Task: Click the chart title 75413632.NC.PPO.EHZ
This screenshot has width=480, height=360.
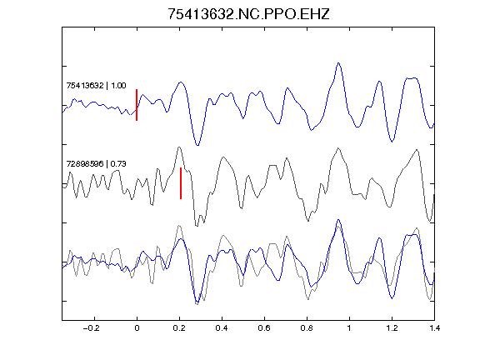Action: tap(248, 14)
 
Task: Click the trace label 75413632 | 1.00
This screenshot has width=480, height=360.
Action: tap(96, 85)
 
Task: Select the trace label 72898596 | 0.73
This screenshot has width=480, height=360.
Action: tap(96, 164)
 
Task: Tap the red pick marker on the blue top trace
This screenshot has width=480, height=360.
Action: tap(137, 105)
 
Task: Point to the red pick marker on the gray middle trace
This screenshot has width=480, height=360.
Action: tap(181, 183)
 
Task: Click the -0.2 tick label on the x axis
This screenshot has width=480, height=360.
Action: tap(91, 328)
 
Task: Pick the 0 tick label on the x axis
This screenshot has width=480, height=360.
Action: tap(137, 328)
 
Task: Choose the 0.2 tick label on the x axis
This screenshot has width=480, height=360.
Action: tap(179, 328)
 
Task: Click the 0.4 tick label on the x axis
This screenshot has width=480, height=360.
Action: tap(222, 328)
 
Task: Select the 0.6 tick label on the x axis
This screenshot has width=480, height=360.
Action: tap(264, 328)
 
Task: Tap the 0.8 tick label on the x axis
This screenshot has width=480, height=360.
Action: tap(307, 328)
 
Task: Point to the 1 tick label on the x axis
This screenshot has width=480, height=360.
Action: tap(349, 328)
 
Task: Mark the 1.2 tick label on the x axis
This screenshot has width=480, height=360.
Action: tap(392, 328)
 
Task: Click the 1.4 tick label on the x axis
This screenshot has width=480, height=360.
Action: tap(434, 328)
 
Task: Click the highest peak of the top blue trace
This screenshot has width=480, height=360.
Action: tap(338, 63)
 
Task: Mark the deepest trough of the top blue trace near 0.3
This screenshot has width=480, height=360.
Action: tap(197, 145)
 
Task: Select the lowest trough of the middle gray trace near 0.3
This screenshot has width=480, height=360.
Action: tap(197, 226)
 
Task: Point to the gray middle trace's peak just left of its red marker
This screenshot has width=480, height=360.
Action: tap(179, 147)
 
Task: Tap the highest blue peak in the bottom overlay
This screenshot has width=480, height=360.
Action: tap(338, 220)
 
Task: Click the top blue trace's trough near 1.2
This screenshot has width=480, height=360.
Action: tap(392, 142)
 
